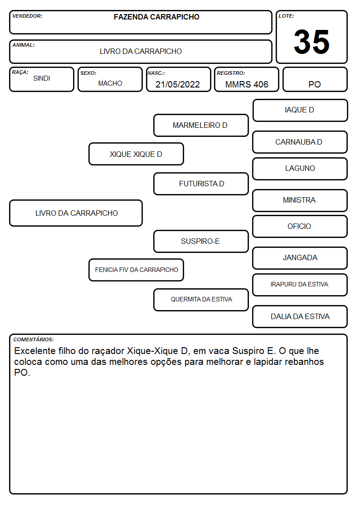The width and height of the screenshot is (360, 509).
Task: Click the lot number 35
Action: coord(311,42)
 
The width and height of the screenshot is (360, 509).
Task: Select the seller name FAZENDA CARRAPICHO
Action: coord(156,17)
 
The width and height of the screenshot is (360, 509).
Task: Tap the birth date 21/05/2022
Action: coord(178,84)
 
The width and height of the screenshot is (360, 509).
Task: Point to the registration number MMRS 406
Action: coord(247,84)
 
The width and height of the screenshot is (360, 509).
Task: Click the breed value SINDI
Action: coord(42,78)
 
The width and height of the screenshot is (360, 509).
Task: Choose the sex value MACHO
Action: coord(110,83)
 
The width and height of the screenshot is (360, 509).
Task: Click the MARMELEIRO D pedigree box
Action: coord(201,125)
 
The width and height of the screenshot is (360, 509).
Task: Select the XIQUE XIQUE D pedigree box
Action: coord(136,154)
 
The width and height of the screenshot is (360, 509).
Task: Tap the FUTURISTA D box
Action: coord(201,184)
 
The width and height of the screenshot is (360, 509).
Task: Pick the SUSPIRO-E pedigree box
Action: coord(201,241)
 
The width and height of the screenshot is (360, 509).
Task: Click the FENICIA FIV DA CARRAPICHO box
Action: coord(136,270)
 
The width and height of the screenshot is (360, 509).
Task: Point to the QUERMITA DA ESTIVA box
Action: coord(201,300)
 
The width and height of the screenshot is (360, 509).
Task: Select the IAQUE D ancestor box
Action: coord(300,111)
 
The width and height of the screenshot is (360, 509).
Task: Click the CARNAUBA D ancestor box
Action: coord(300,142)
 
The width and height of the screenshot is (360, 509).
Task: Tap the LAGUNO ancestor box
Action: coord(300,169)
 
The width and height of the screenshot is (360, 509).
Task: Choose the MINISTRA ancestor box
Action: coord(300,200)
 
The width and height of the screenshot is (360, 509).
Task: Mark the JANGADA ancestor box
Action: coord(300,258)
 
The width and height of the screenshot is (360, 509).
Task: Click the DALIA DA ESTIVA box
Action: coord(300,316)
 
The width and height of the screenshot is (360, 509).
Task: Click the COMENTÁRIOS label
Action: coord(34,339)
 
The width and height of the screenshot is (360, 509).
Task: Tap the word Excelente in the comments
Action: coord(35,351)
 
